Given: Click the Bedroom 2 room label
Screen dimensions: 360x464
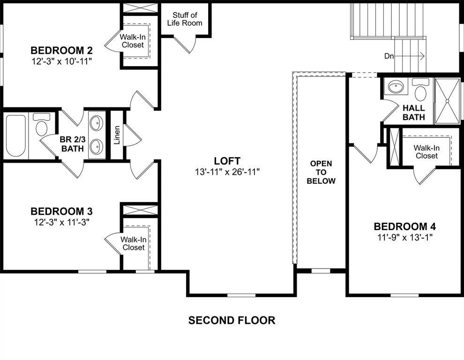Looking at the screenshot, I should tap(61, 51).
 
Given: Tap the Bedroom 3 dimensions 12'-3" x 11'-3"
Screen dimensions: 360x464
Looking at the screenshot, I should tap(61, 222).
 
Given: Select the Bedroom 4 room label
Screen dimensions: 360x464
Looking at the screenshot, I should tap(405, 226).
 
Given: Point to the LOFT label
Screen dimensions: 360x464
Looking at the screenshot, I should tap(227, 161).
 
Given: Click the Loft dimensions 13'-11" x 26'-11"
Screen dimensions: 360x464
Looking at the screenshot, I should tap(227, 172).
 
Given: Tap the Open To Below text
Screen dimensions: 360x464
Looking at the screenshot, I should tap(321, 172).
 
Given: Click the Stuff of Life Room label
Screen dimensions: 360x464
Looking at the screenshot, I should tap(185, 19).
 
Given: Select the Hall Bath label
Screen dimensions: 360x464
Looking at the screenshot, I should tap(413, 112).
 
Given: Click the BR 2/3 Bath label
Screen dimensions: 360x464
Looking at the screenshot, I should tap(72, 144).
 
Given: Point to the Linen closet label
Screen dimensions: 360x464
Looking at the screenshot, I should tap(117, 135).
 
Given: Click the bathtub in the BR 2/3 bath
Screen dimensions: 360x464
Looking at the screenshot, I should tap(15, 135).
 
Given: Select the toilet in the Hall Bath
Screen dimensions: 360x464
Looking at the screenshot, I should tap(420, 90).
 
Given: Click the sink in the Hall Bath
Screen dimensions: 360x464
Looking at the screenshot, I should tap(397, 87).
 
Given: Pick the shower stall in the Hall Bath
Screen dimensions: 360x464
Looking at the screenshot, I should tap(447, 100).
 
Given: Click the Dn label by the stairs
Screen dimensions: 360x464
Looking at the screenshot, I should tap(389, 56).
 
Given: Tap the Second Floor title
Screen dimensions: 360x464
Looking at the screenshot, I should tap(232, 321).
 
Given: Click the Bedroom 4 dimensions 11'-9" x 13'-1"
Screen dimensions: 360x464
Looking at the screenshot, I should tap(405, 237).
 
